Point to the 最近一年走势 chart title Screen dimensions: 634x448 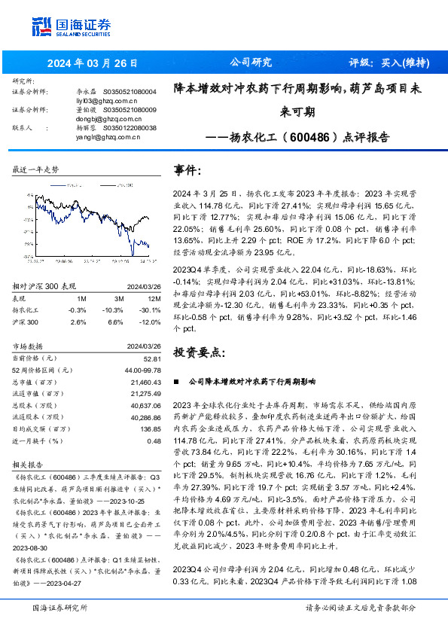tap(35, 169)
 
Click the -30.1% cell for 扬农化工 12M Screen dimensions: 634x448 tap(150, 309)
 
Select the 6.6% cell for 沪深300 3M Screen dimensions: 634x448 tap(116, 322)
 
